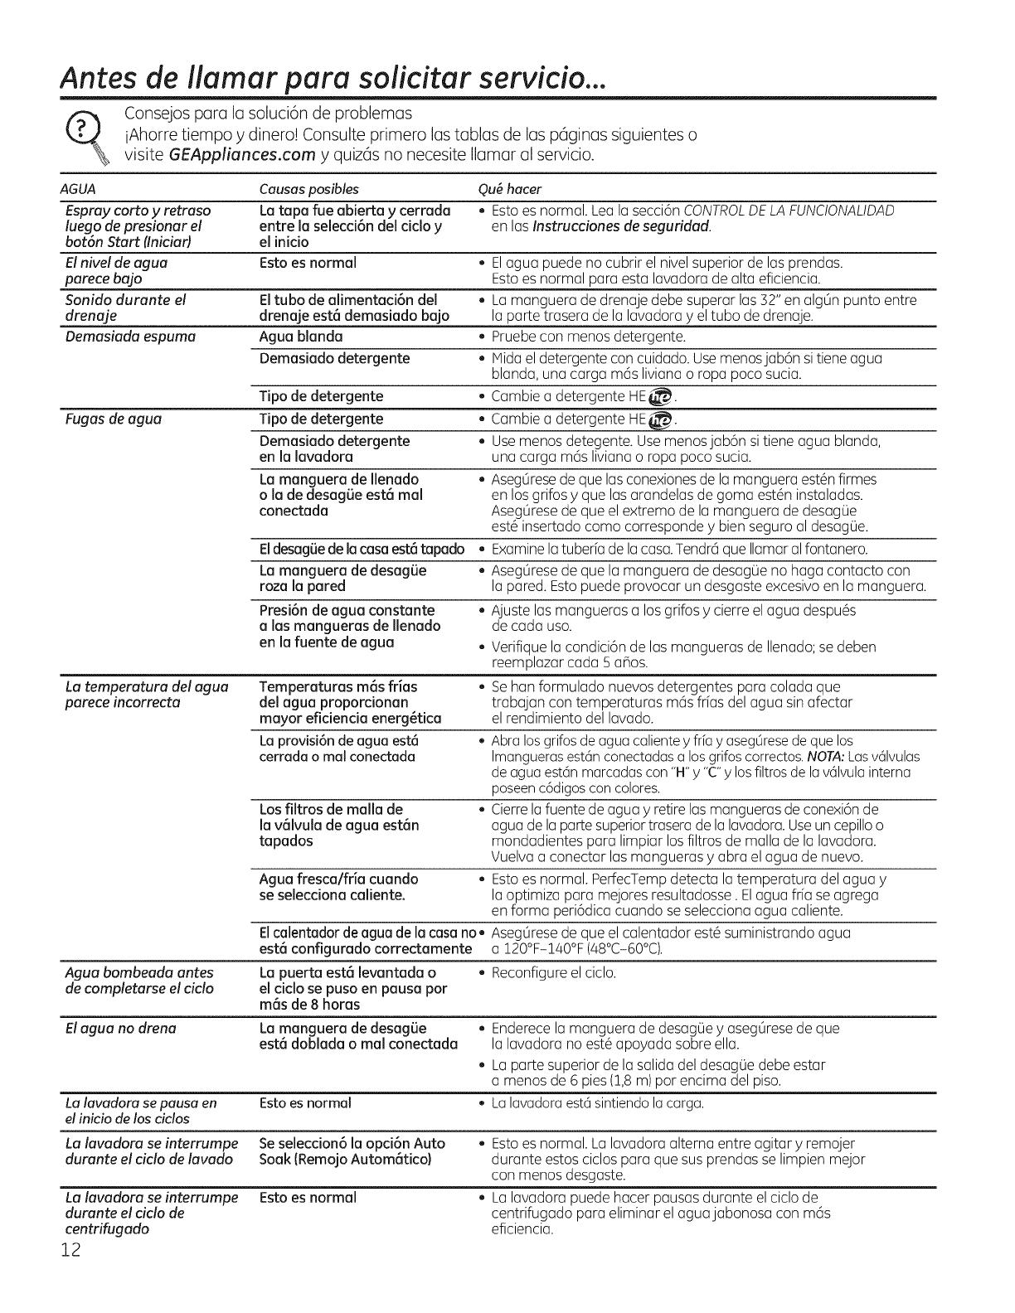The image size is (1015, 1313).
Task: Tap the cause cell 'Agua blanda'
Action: pos(301,337)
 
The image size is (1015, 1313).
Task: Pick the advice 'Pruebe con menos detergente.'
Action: pos(589,337)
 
